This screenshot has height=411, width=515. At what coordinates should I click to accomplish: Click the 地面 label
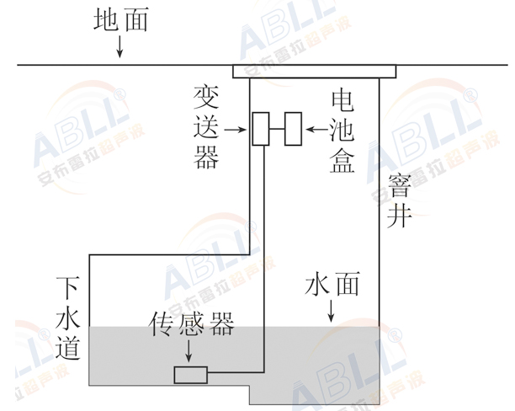point(121,19)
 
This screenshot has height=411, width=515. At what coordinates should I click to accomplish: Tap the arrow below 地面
point(119,46)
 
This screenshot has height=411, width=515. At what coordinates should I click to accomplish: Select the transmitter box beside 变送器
point(261,129)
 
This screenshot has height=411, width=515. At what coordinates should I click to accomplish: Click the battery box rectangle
point(293,129)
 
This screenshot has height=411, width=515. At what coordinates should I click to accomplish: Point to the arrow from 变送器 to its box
point(235,130)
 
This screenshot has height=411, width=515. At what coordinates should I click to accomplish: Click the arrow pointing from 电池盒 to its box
point(316,129)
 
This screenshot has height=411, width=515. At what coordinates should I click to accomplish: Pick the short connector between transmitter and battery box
point(277,129)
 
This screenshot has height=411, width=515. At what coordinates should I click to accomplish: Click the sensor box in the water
point(190,375)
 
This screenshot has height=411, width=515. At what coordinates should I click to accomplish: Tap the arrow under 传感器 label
point(188,351)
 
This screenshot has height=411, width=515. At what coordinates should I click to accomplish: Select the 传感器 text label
point(192,323)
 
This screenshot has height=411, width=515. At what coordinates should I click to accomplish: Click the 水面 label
point(332,284)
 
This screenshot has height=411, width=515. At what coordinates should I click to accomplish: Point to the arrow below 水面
point(332,311)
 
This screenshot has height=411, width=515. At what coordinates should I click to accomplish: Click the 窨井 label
point(399,200)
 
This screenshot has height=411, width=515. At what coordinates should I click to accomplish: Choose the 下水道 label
point(68,318)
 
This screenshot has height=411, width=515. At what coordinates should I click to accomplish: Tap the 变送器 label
point(206,127)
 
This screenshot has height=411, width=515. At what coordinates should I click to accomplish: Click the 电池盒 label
point(342,131)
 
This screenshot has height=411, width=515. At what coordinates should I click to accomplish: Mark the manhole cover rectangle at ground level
point(315,72)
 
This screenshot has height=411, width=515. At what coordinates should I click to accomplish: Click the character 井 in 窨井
point(399,216)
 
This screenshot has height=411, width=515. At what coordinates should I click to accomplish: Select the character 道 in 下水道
point(68,347)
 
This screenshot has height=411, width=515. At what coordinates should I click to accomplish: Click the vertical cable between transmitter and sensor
point(263,259)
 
